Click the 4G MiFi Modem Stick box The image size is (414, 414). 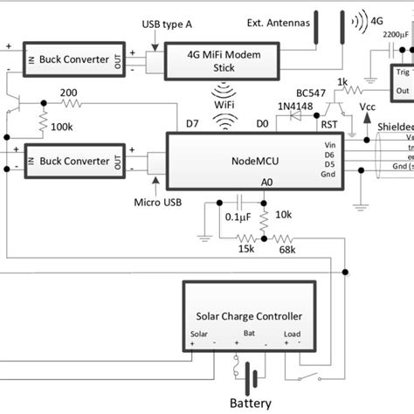click(x=222, y=59)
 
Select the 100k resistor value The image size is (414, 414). click(x=62, y=128)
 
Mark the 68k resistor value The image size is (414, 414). click(x=286, y=250)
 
